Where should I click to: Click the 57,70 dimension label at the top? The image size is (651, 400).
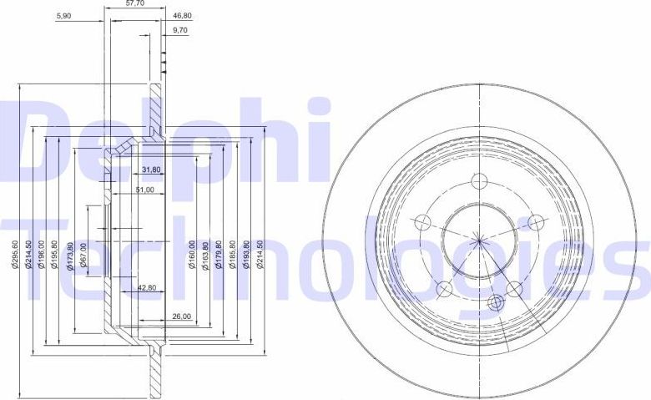click(136, 4)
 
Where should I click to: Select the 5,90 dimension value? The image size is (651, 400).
click(63, 15)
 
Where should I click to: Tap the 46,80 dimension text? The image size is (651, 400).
click(181, 15)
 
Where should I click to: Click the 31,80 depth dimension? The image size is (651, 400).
click(151, 170)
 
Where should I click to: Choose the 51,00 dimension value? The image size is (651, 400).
click(144, 190)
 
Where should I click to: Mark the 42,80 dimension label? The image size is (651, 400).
click(147, 288)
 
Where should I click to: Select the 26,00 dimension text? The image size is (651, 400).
click(182, 316)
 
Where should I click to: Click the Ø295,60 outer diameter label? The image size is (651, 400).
click(15, 254)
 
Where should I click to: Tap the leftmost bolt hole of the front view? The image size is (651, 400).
click(423, 222)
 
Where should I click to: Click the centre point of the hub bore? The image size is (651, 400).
click(479, 242)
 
